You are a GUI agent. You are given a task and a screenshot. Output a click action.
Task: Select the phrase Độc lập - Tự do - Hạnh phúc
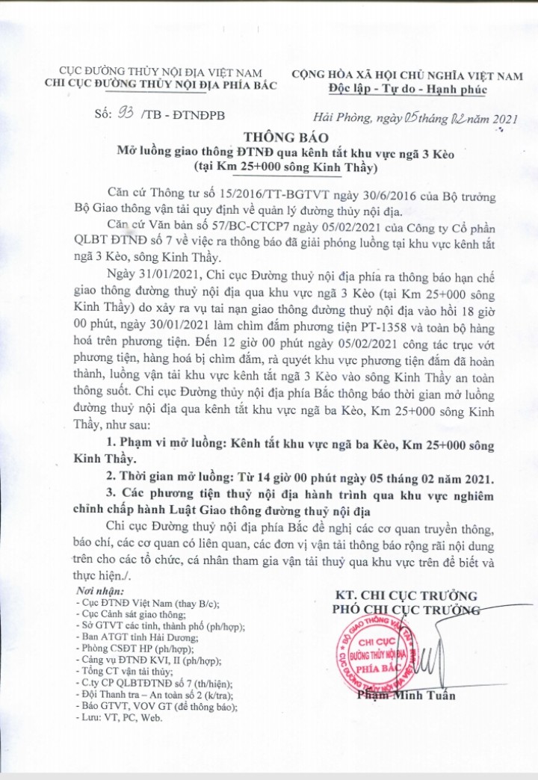[x=408, y=89]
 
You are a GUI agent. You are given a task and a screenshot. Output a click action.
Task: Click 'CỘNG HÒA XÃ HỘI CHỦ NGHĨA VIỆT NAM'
[x=407, y=75]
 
